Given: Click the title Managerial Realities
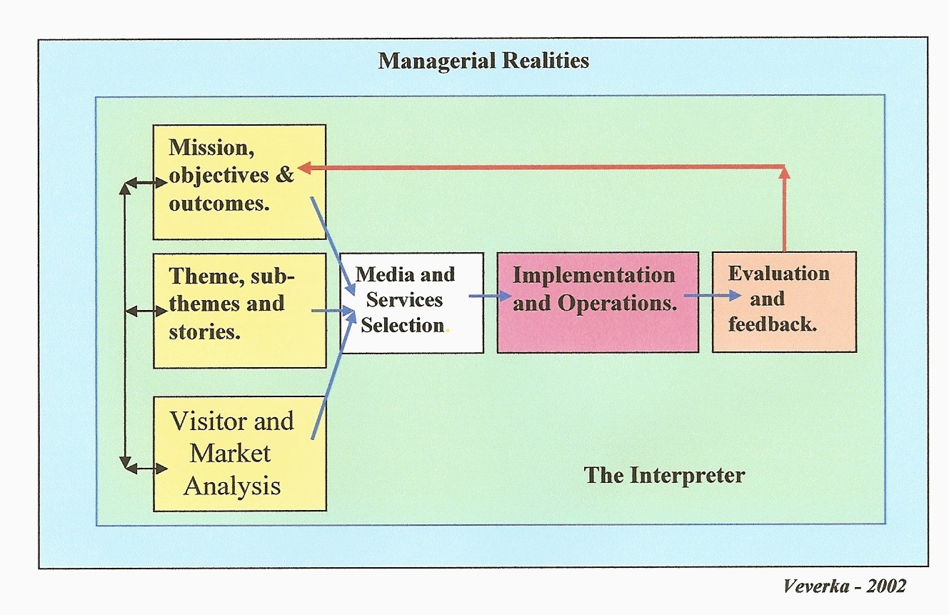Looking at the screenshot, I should (x=483, y=61).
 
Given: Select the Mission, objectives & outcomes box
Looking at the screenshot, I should (x=239, y=181).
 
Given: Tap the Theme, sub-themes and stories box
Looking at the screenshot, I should (x=239, y=310).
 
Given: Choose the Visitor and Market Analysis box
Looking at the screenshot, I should (x=239, y=454).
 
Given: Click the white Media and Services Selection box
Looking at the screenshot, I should (x=411, y=301).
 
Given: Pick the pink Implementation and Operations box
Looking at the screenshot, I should (x=597, y=301).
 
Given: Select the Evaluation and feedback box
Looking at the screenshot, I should (x=783, y=301).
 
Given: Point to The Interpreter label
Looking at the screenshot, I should (x=664, y=475).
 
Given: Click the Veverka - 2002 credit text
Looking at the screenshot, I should (x=844, y=586).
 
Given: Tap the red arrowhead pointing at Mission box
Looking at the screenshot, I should (x=303, y=167).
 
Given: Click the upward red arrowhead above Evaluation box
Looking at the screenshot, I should (x=784, y=171).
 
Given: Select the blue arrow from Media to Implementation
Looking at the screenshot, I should (x=490, y=296).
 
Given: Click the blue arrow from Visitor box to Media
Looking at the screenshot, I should (x=333, y=375).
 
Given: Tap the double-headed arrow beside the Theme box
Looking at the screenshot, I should (x=146, y=311).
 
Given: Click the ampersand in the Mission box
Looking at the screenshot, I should (x=284, y=175).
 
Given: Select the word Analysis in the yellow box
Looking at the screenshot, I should (x=232, y=486).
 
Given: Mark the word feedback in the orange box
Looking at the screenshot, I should (x=772, y=324).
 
